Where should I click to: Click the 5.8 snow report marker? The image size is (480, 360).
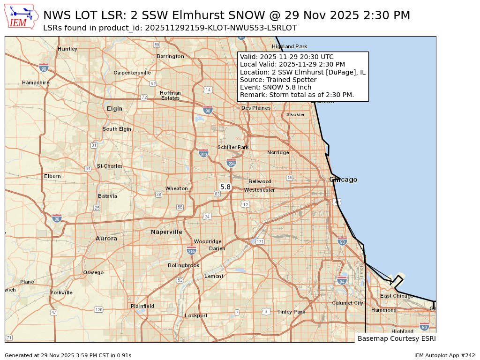225,187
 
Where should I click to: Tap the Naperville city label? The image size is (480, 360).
166,232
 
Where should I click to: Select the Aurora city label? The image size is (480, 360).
106,239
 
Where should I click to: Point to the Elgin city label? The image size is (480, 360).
114,109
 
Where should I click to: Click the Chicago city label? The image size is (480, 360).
343,180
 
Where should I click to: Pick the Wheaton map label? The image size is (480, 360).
177,188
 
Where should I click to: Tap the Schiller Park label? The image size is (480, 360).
233,147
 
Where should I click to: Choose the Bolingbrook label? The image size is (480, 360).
184,265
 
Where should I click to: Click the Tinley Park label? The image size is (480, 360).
291,312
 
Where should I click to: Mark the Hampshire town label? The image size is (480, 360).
36,83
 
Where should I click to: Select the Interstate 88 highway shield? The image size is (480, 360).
57,218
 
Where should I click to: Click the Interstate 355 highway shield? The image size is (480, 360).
191,250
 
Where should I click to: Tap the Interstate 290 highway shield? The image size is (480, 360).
203,153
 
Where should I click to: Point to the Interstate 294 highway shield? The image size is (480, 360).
231,163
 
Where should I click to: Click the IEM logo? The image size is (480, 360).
22,16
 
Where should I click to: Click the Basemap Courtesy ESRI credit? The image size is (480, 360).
397,338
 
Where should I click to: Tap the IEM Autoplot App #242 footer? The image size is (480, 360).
444,355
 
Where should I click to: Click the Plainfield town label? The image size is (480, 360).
142,306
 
